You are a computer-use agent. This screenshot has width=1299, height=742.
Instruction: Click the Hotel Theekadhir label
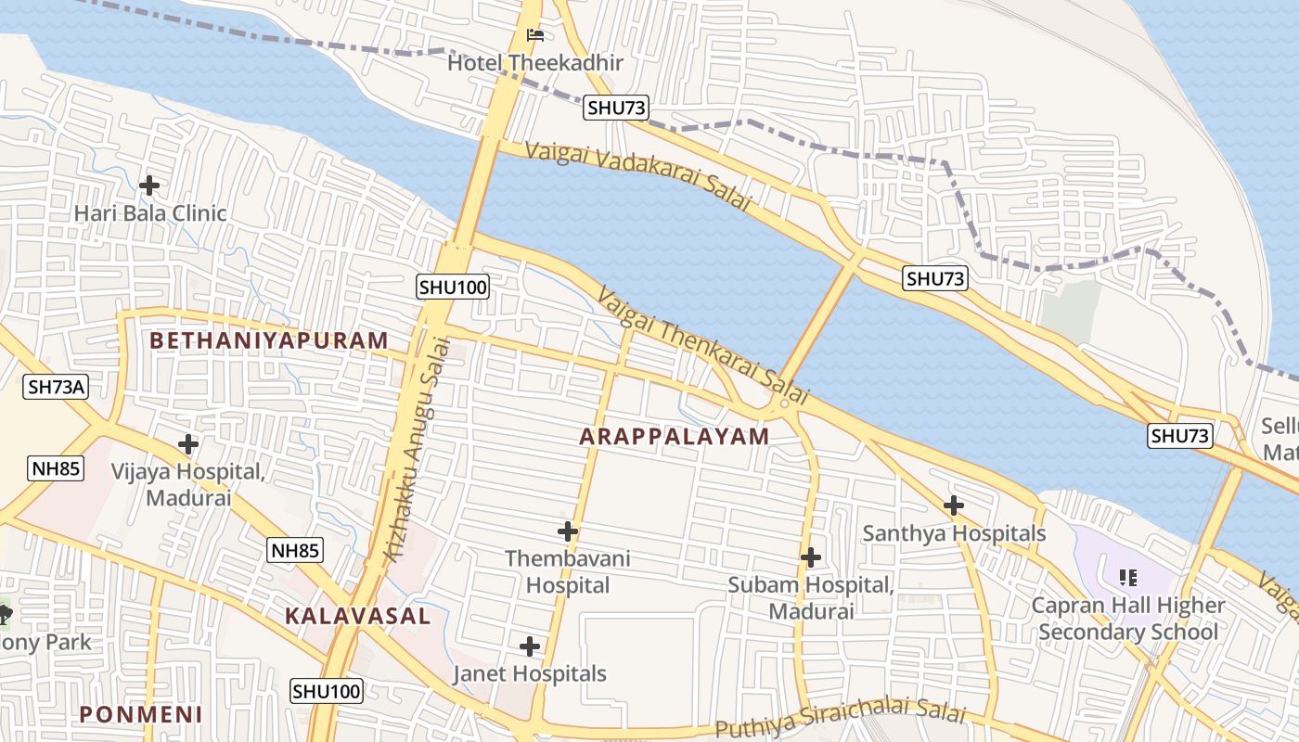coord(535,63)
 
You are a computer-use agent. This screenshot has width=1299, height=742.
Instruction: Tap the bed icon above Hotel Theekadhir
coord(535,36)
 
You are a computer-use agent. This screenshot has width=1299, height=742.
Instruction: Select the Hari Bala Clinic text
coord(150,213)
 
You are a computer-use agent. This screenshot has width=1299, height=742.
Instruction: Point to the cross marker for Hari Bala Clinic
coord(149,185)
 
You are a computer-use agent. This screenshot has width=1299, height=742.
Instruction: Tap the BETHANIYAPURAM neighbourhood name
coord(269,340)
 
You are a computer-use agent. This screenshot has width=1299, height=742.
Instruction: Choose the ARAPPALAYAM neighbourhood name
coord(675,436)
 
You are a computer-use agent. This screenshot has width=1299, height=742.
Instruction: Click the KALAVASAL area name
coord(358,616)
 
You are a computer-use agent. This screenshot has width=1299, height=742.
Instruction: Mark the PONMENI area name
coord(141,714)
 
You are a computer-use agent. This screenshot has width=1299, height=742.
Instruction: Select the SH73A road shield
coord(56,387)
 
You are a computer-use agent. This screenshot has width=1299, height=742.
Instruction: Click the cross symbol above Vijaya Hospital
coord(188,444)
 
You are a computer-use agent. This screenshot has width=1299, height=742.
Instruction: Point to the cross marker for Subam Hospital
coord(811,557)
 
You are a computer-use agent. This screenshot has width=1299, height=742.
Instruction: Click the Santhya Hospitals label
coord(954,533)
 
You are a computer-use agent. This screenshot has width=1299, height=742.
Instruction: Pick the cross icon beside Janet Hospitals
coord(530,646)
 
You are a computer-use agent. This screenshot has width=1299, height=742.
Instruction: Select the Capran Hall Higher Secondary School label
coord(1128,619)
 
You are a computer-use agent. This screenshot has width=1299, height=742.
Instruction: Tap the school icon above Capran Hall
coord(1128,578)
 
